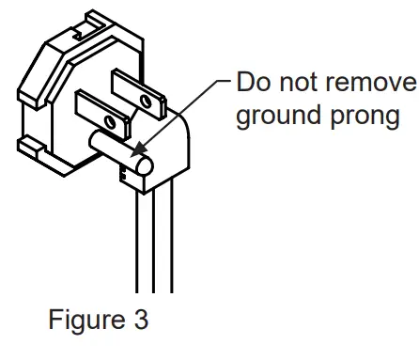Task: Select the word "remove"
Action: point(373,84)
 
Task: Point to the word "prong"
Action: point(371,120)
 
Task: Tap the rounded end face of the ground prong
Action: point(143,170)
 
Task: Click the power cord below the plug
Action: point(156,244)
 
